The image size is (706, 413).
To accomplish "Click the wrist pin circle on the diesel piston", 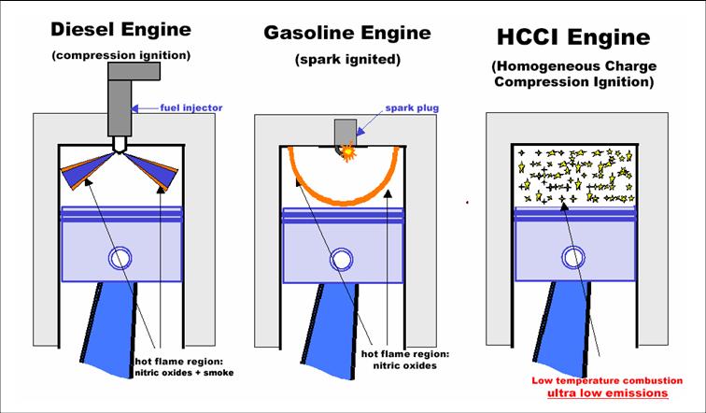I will tap(120, 258).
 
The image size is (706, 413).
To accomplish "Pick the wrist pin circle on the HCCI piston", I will tap(571, 259).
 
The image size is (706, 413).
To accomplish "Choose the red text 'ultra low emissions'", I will tap(610, 391).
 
